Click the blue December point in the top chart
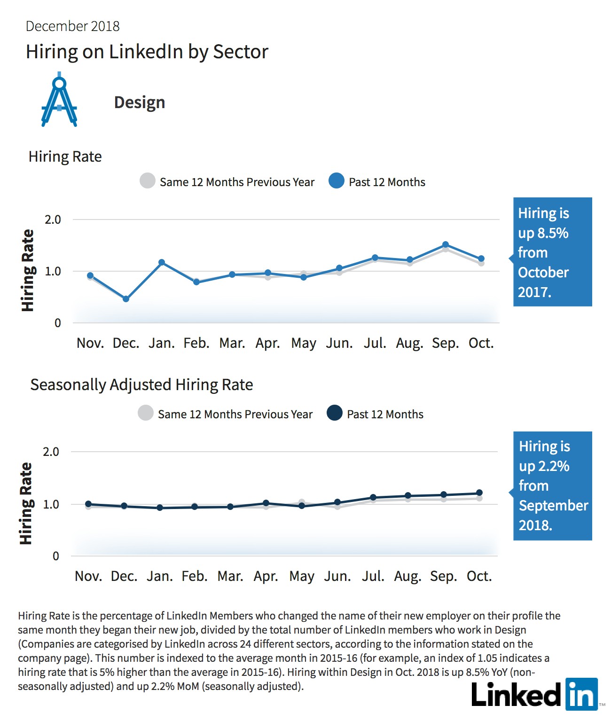tap(126, 299)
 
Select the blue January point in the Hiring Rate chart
tap(162, 262)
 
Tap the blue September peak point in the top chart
tap(446, 244)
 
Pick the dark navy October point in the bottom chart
tap(479, 493)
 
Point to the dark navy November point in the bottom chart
tap(88, 504)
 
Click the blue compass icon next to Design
tap(59, 100)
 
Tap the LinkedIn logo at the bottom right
tap(535, 694)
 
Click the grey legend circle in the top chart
tap(148, 180)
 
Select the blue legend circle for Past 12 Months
tap(337, 180)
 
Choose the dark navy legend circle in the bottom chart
tap(335, 413)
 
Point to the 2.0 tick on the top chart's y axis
tap(53, 220)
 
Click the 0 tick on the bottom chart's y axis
tap(56, 556)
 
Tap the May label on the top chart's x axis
tap(304, 344)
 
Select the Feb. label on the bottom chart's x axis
tap(195, 576)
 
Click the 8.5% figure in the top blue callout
tap(553, 233)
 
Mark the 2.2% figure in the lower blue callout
tap(554, 466)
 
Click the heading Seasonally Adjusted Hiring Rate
tap(141, 385)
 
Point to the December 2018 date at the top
tap(72, 26)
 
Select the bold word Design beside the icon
tap(140, 102)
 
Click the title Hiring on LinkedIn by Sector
tap(147, 52)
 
